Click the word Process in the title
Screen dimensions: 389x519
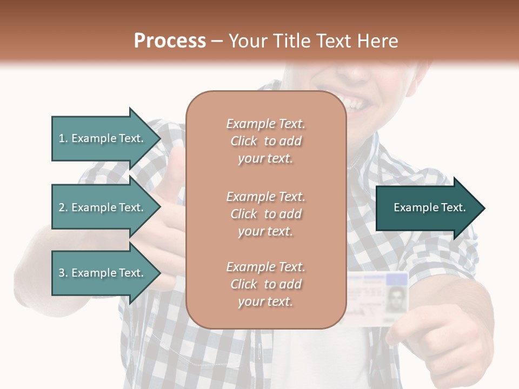(x=170, y=41)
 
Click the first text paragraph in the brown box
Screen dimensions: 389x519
(x=265, y=141)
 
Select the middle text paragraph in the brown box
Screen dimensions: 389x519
(x=265, y=214)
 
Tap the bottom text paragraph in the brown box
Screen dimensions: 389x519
(x=265, y=284)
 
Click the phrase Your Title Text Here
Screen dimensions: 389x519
(x=313, y=41)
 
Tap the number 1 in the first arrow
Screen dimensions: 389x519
(x=62, y=138)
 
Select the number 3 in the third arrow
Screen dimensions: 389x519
(x=62, y=273)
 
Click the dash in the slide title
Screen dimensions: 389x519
(x=217, y=41)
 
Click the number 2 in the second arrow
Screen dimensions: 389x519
(x=62, y=207)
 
